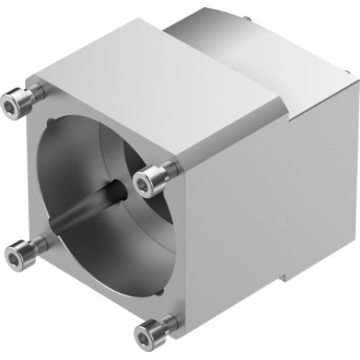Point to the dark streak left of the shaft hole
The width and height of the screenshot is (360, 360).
[x=83, y=212]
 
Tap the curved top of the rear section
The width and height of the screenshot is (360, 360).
[x=216, y=29]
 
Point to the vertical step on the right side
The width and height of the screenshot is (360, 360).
[x=289, y=144]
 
